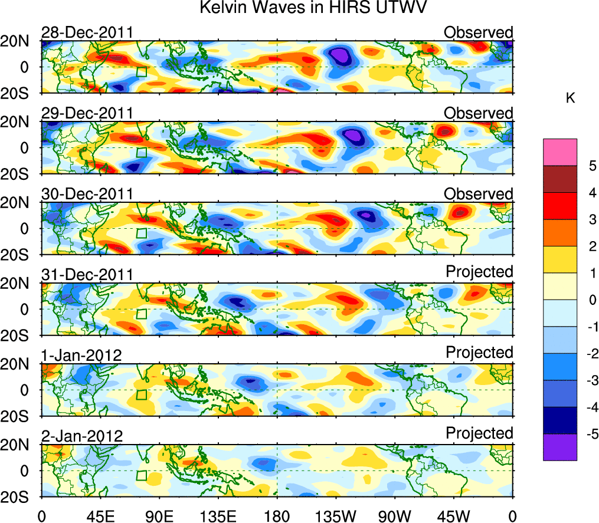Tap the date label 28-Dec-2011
pos(87,32)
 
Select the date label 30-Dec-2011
pos(87,194)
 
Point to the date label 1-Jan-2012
pos(81,356)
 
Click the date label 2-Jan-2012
pos(82,436)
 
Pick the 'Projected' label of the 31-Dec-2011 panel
pos(479,272)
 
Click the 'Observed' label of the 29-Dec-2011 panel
pos(479,113)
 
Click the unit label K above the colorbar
pos(570,98)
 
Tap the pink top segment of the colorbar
pos(559,152)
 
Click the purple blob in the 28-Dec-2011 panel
pos(341,57)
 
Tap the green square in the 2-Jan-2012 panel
pos(142,475)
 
